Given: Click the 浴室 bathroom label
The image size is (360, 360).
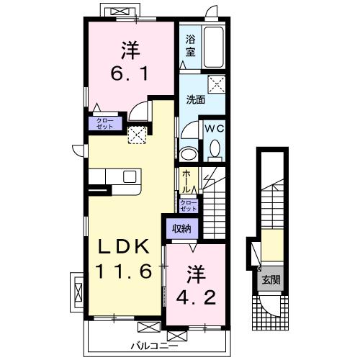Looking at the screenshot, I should click(191, 47).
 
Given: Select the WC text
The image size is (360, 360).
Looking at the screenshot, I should click(214, 127).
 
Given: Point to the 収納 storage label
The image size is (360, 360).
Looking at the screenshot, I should click(181, 229).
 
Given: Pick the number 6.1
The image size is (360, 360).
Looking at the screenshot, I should click(131, 73).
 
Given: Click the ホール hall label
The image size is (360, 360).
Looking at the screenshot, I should click(186, 179).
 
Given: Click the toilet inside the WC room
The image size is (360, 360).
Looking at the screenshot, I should click(214, 148).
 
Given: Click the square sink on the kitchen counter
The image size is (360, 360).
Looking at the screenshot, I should click(130, 177).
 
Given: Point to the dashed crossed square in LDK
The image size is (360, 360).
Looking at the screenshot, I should click(136, 134).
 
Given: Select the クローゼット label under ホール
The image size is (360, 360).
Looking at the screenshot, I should click(187, 204).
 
